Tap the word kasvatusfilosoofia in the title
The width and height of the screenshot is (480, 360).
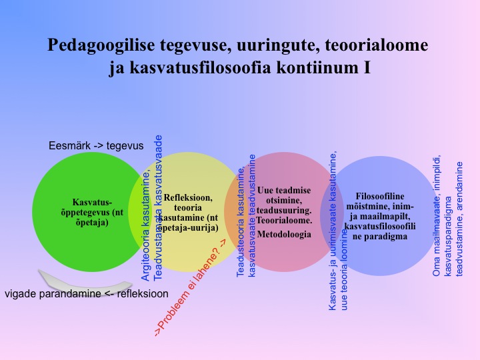coord(200,67)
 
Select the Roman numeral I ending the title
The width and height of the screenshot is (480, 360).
coord(367,67)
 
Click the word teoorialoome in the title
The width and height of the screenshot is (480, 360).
coord(376,45)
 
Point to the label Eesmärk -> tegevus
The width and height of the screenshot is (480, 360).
coord(96,146)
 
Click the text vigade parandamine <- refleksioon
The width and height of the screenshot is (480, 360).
coord(87,294)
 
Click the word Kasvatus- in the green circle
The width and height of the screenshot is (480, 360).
coord(92,203)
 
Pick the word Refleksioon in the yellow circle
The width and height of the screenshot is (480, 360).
coord(188,197)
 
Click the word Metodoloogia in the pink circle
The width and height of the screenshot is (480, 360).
coord(284,235)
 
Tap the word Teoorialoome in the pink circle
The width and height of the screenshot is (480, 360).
coord(284,221)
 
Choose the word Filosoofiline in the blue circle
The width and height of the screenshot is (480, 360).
coord(380,196)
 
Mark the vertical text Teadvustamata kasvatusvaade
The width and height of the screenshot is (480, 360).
coord(157,208)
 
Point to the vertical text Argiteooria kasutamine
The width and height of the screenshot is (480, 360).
coord(146,227)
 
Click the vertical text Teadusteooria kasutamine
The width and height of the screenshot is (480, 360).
coord(241,221)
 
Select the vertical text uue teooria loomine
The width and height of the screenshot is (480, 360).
coord(344,269)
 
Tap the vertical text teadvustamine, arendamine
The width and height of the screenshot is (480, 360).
coord(459,219)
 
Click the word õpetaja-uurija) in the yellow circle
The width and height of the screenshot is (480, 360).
coord(188,228)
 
